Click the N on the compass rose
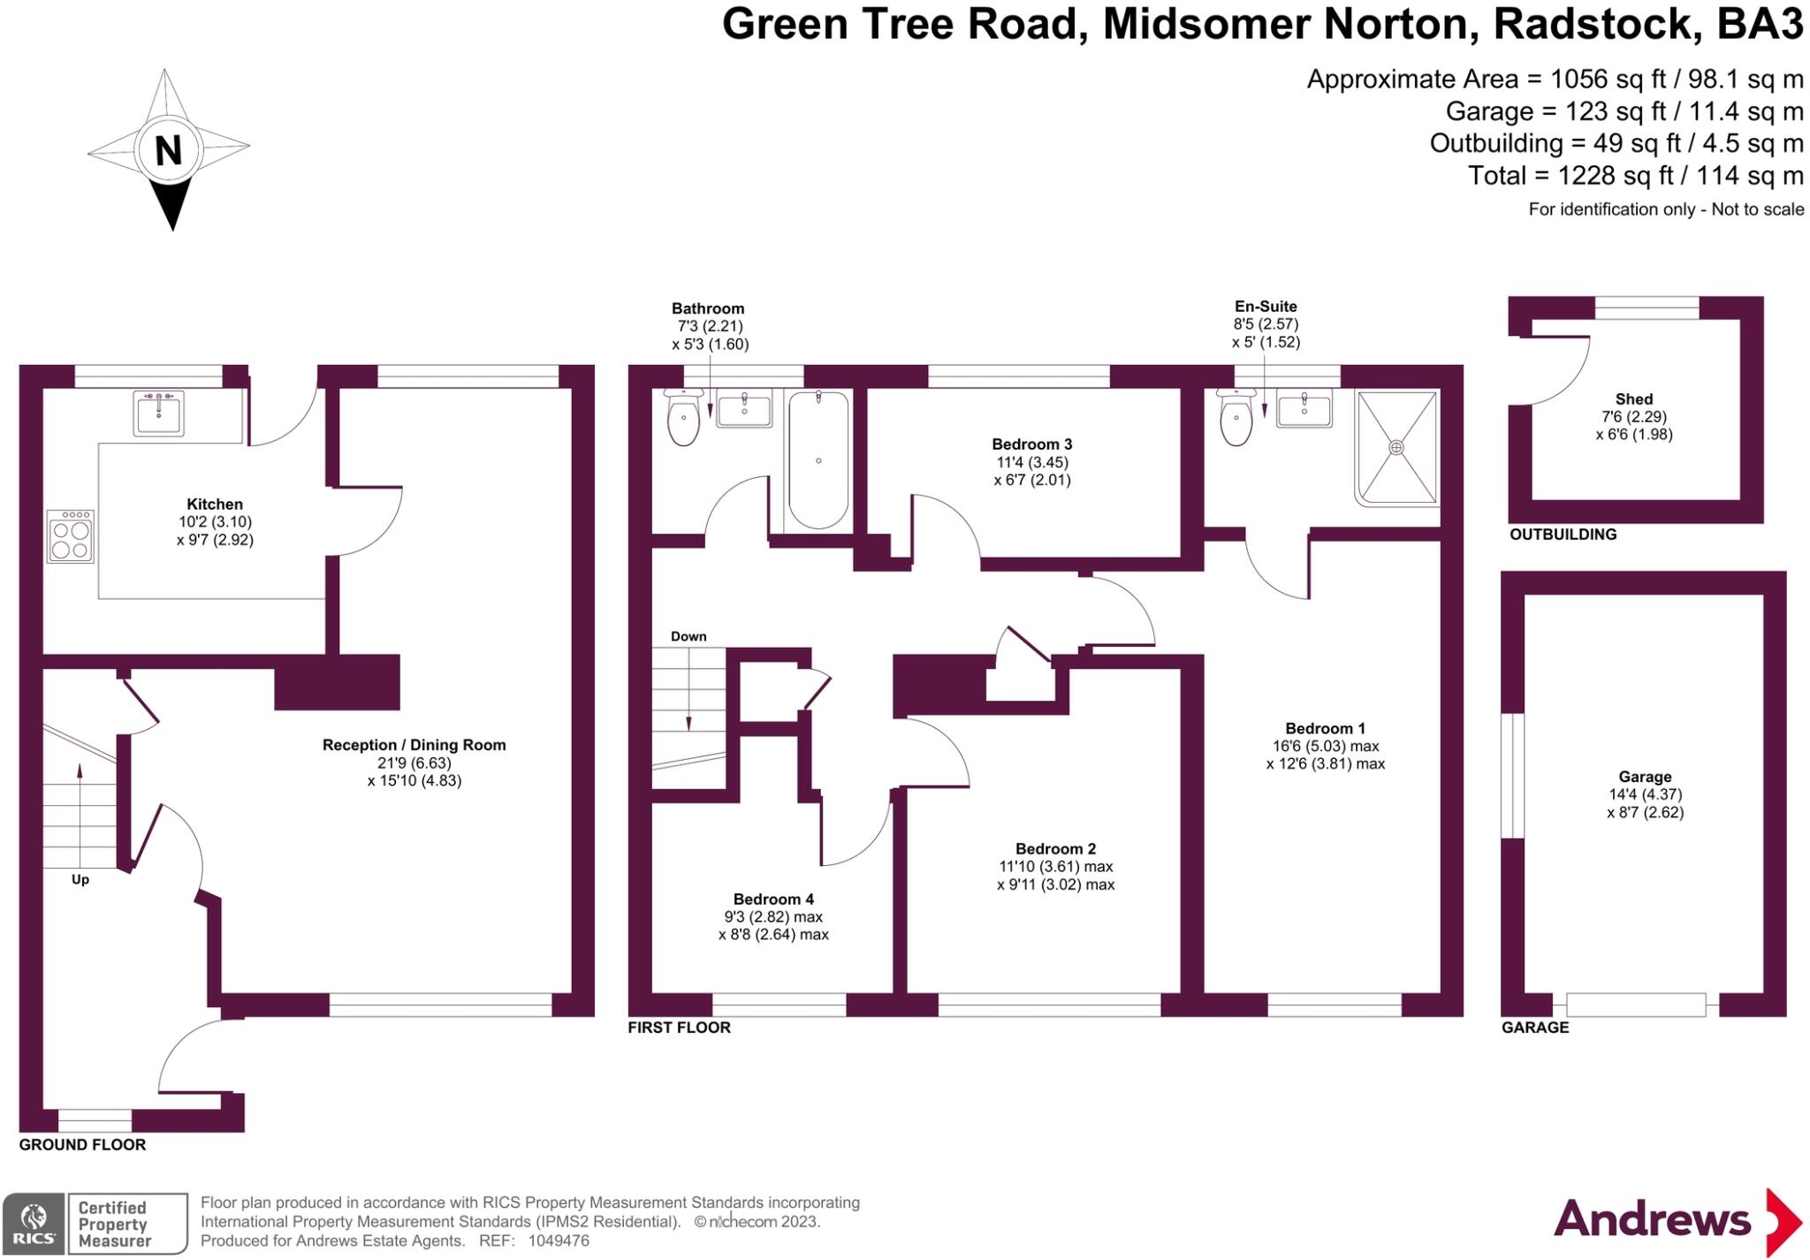[168, 150]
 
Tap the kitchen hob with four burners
[71, 536]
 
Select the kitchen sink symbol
[159, 413]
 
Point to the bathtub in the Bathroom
[818, 459]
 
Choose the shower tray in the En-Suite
[1396, 448]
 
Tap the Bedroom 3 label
[1031, 444]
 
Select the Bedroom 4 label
[773, 899]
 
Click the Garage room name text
[1645, 777]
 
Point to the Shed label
[1634, 399]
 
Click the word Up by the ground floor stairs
[80, 880]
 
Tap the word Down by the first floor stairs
[688, 636]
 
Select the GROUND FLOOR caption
[82, 1145]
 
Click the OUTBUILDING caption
[1563, 535]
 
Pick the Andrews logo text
[1652, 1220]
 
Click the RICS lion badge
[34, 1224]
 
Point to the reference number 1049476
[559, 1241]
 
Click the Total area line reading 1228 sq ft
[1635, 176]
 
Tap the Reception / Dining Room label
[414, 745]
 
